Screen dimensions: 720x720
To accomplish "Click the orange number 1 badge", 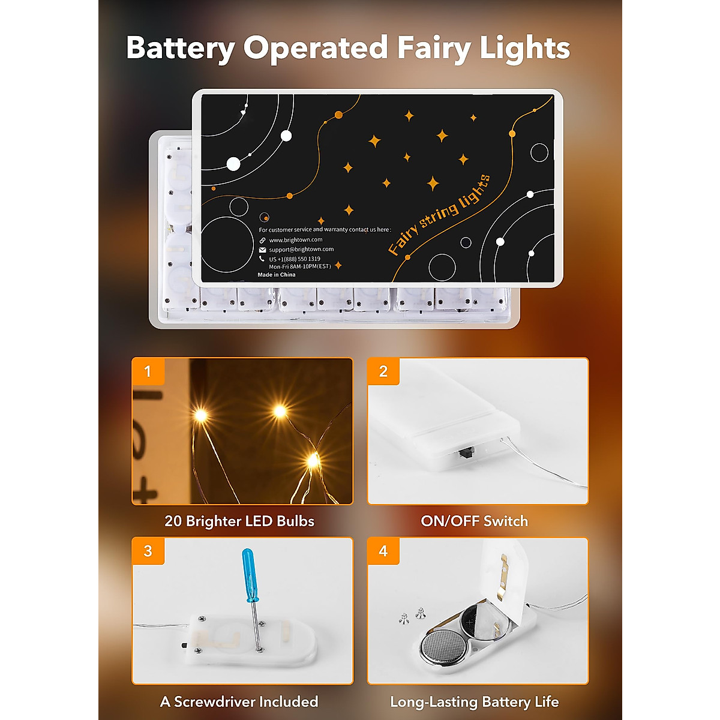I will coord(148,371).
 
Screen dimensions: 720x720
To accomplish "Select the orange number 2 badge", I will coord(383,371).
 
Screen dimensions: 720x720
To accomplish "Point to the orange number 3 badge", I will coord(148,551).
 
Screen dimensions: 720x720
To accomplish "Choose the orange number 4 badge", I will coord(383,551).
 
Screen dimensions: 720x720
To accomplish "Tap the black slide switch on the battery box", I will coord(464,454).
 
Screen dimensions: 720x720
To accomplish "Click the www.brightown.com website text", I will coord(295,240).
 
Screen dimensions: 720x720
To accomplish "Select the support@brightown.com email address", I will coord(301,249).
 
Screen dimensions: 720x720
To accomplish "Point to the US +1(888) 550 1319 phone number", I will coord(294,259).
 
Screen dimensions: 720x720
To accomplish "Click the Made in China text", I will coord(277,275).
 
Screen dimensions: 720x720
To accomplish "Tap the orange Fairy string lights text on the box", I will coord(439,215).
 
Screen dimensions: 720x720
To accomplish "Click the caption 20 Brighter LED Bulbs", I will coord(239,521).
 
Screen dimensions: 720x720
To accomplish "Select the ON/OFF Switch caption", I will coord(474,521).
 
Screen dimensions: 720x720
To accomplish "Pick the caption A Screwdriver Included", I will coord(239,701).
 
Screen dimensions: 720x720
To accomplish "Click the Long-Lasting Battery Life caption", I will coord(474,701).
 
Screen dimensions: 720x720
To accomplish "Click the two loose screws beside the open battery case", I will coord(413,615).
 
